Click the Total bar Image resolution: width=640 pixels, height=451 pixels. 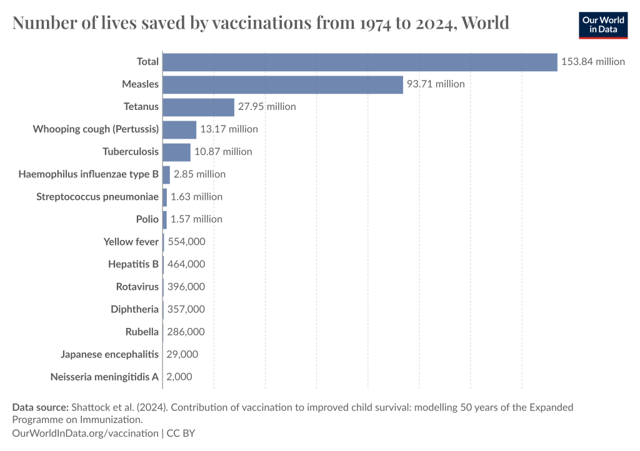click(x=359, y=62)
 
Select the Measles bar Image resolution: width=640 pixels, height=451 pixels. click(x=282, y=84)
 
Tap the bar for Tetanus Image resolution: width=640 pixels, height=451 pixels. click(x=198, y=107)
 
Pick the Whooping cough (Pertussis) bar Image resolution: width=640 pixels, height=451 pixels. click(x=179, y=129)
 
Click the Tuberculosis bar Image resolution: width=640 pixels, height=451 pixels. click(x=176, y=152)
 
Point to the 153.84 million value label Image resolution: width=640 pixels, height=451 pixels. click(x=593, y=62)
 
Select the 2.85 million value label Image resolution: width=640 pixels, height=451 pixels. click(x=199, y=174)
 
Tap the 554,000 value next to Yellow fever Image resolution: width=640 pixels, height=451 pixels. click(x=186, y=242)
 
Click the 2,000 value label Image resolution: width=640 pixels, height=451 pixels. click(x=179, y=377)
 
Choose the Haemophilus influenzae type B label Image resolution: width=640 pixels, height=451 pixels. click(x=89, y=174)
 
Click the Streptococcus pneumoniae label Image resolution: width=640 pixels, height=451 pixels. click(x=97, y=197)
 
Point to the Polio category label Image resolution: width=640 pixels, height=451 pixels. click(x=147, y=219)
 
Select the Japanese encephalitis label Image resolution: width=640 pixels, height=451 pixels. click(x=110, y=354)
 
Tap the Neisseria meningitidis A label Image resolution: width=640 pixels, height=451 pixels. click(x=104, y=377)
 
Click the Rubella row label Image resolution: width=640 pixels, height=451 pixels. click(x=142, y=332)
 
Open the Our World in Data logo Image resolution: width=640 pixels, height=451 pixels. click(x=602, y=25)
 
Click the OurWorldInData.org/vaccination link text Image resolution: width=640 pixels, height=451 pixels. click(x=86, y=433)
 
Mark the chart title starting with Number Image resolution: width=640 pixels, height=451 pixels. click(x=261, y=24)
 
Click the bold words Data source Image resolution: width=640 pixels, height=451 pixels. click(x=40, y=407)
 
